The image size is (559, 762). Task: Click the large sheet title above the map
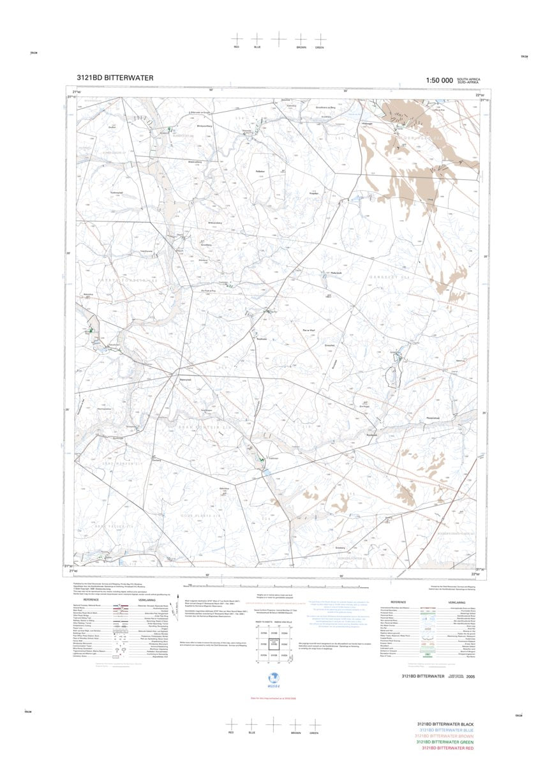point(114,78)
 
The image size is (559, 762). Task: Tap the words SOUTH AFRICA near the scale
point(469,79)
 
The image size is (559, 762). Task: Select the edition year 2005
point(470,676)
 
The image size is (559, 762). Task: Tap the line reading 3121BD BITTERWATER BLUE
point(449,731)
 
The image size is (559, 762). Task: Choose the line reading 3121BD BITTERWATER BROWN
point(449,736)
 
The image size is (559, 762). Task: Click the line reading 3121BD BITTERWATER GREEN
point(449,742)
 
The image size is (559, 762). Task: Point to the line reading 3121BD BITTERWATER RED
point(449,748)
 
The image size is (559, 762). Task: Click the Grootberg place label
point(206,244)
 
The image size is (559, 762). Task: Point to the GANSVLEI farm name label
point(388,277)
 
